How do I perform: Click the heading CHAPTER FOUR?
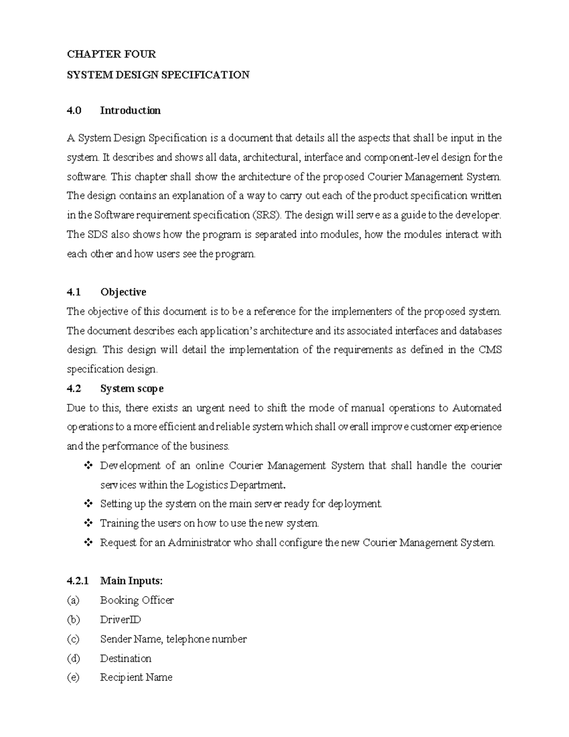[111, 54]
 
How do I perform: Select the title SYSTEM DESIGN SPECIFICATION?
[158, 75]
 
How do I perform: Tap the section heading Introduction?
[130, 111]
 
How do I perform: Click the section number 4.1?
[74, 292]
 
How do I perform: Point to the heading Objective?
[123, 292]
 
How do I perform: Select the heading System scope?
[132, 389]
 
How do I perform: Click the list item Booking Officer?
[137, 600]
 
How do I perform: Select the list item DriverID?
[120, 620]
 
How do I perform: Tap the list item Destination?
[126, 659]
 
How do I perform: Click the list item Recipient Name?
[136, 678]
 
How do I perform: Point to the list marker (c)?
[73, 639]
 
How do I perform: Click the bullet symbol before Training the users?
[88, 523]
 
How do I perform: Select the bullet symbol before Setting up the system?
[88, 504]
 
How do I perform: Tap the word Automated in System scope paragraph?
[477, 408]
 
